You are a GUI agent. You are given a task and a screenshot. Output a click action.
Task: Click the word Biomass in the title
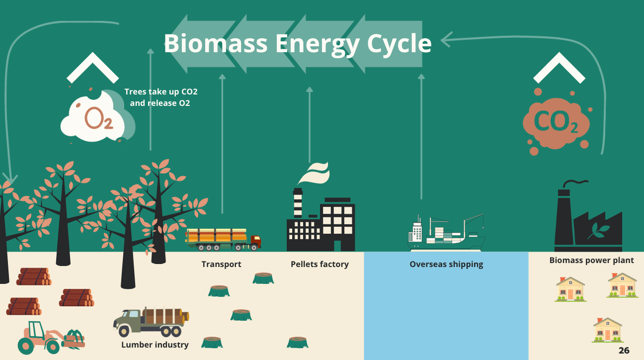click(215, 43)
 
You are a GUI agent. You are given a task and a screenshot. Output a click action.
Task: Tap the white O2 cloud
click(94, 117)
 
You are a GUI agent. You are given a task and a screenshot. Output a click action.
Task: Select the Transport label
click(221, 264)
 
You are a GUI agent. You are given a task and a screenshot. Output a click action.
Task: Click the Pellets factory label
click(320, 264)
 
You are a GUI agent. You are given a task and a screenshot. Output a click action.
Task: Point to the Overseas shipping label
click(446, 264)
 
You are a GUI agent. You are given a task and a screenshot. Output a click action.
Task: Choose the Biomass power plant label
click(591, 260)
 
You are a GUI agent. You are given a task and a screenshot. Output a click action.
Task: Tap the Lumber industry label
click(155, 345)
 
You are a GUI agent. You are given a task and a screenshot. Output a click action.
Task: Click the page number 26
click(624, 351)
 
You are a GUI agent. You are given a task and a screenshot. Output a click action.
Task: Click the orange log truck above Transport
click(223, 239)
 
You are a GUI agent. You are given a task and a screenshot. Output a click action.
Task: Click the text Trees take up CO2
click(161, 92)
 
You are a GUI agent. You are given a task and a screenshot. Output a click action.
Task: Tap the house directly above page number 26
click(607, 330)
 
